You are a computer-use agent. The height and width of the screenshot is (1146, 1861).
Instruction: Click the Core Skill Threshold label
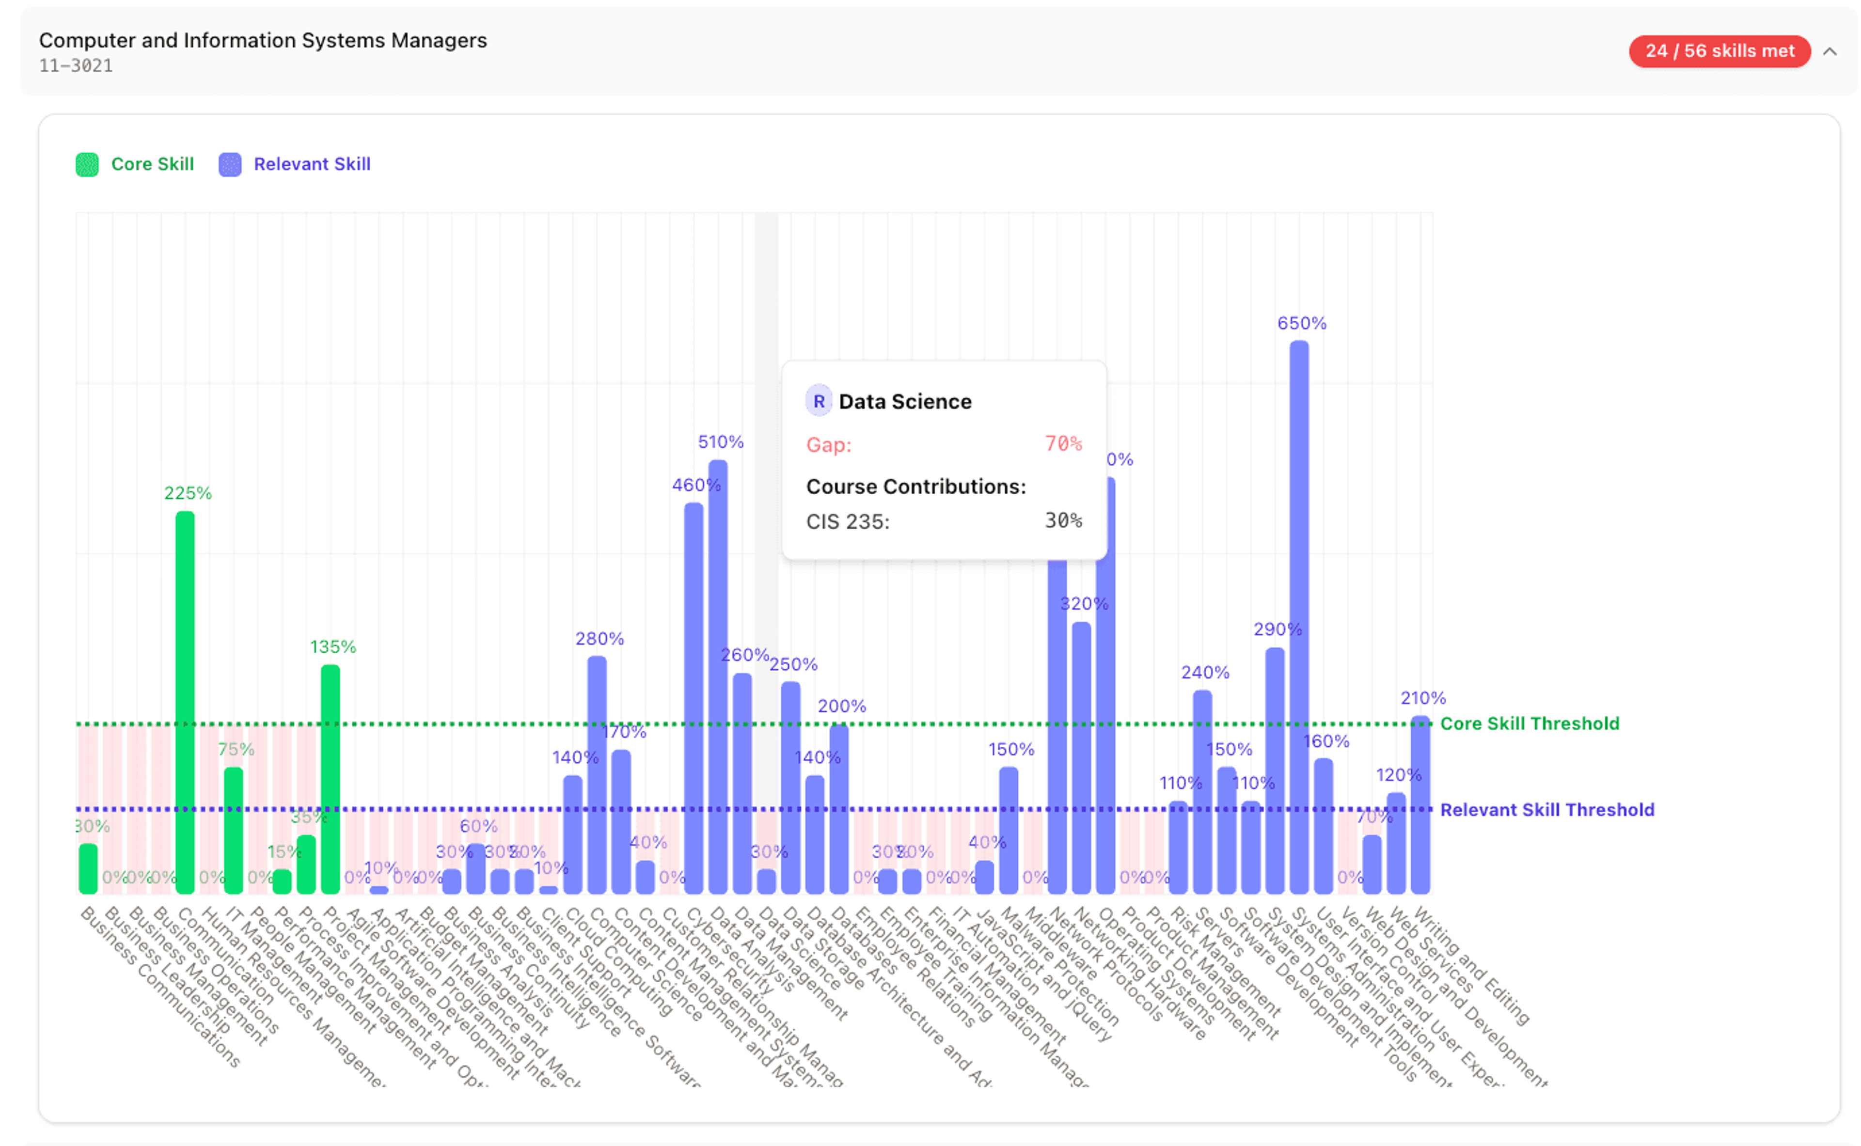[x=1529, y=724]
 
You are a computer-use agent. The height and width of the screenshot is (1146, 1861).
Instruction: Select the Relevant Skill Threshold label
[x=1546, y=810]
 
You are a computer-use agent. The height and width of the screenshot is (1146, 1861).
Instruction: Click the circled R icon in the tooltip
[x=819, y=402]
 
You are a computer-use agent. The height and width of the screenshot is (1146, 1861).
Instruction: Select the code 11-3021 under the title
[x=76, y=66]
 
